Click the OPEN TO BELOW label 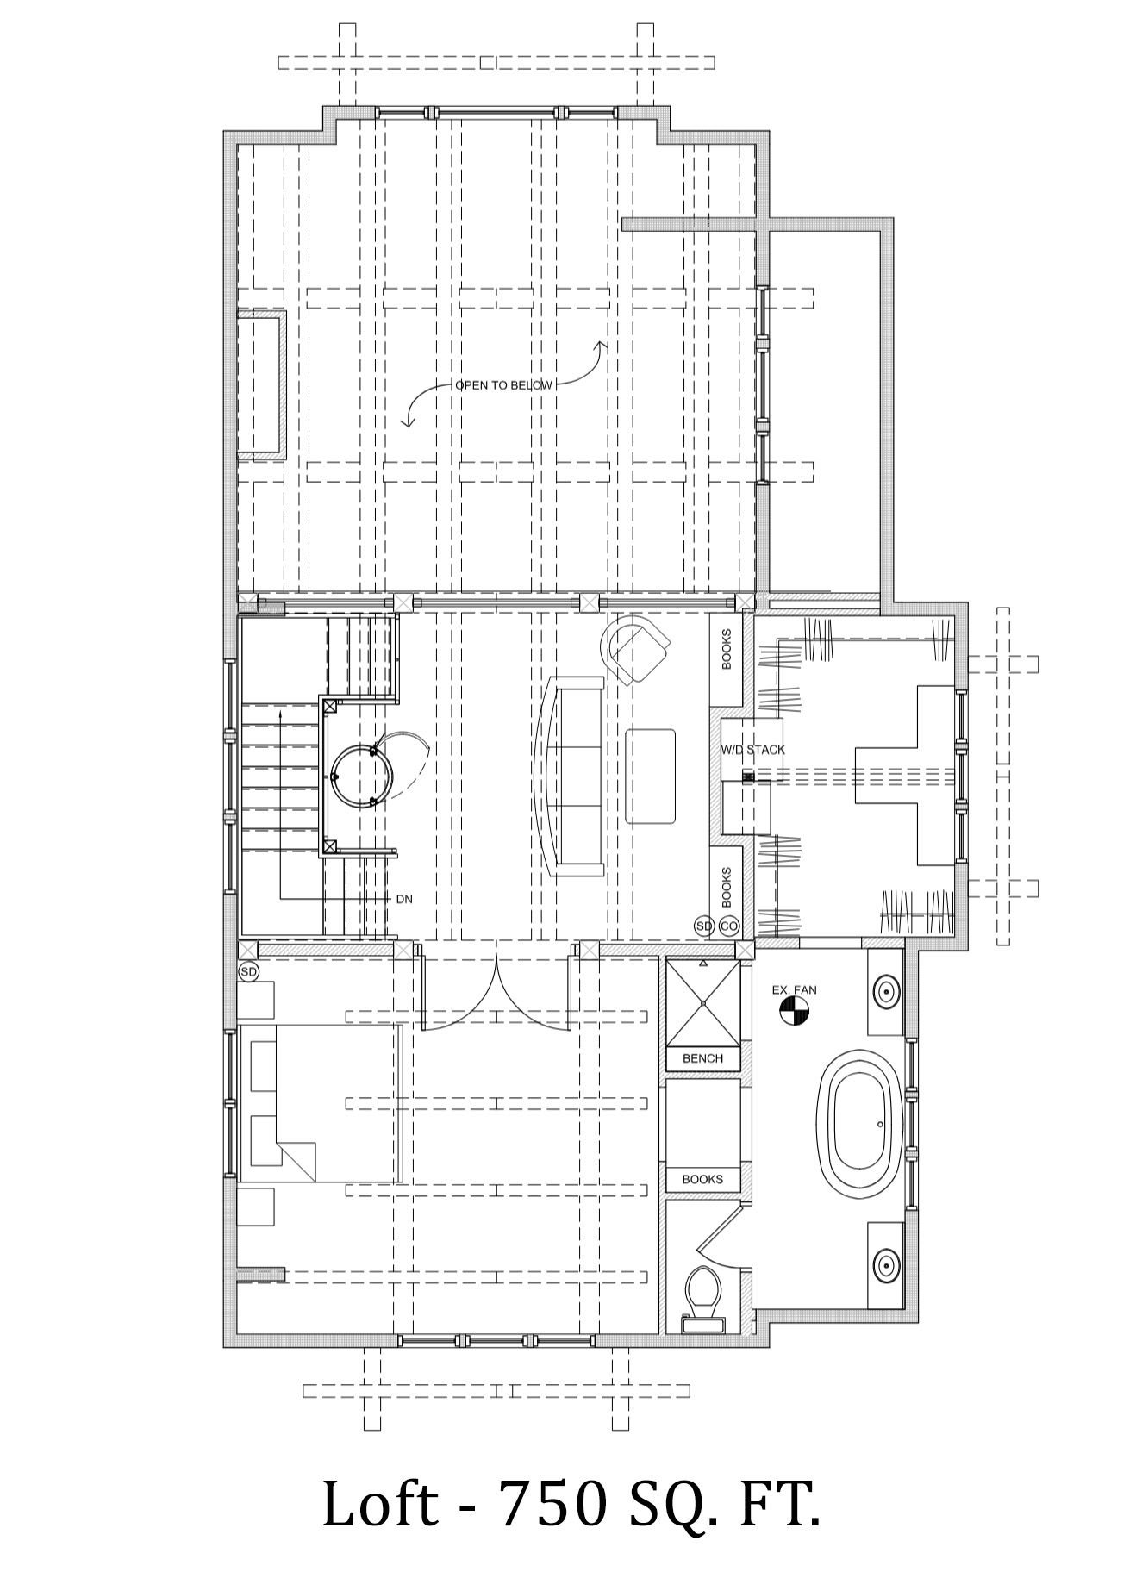coord(503,385)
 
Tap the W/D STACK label coord(752,750)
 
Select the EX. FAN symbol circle coord(795,1012)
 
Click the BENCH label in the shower coord(702,1058)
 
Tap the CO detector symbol coord(729,926)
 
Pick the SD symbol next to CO coord(704,926)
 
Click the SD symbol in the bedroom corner coord(249,972)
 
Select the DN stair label coord(404,899)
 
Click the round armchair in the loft coord(637,649)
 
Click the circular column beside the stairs coord(355,776)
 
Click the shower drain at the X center coord(703,1003)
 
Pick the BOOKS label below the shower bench coord(702,1179)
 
